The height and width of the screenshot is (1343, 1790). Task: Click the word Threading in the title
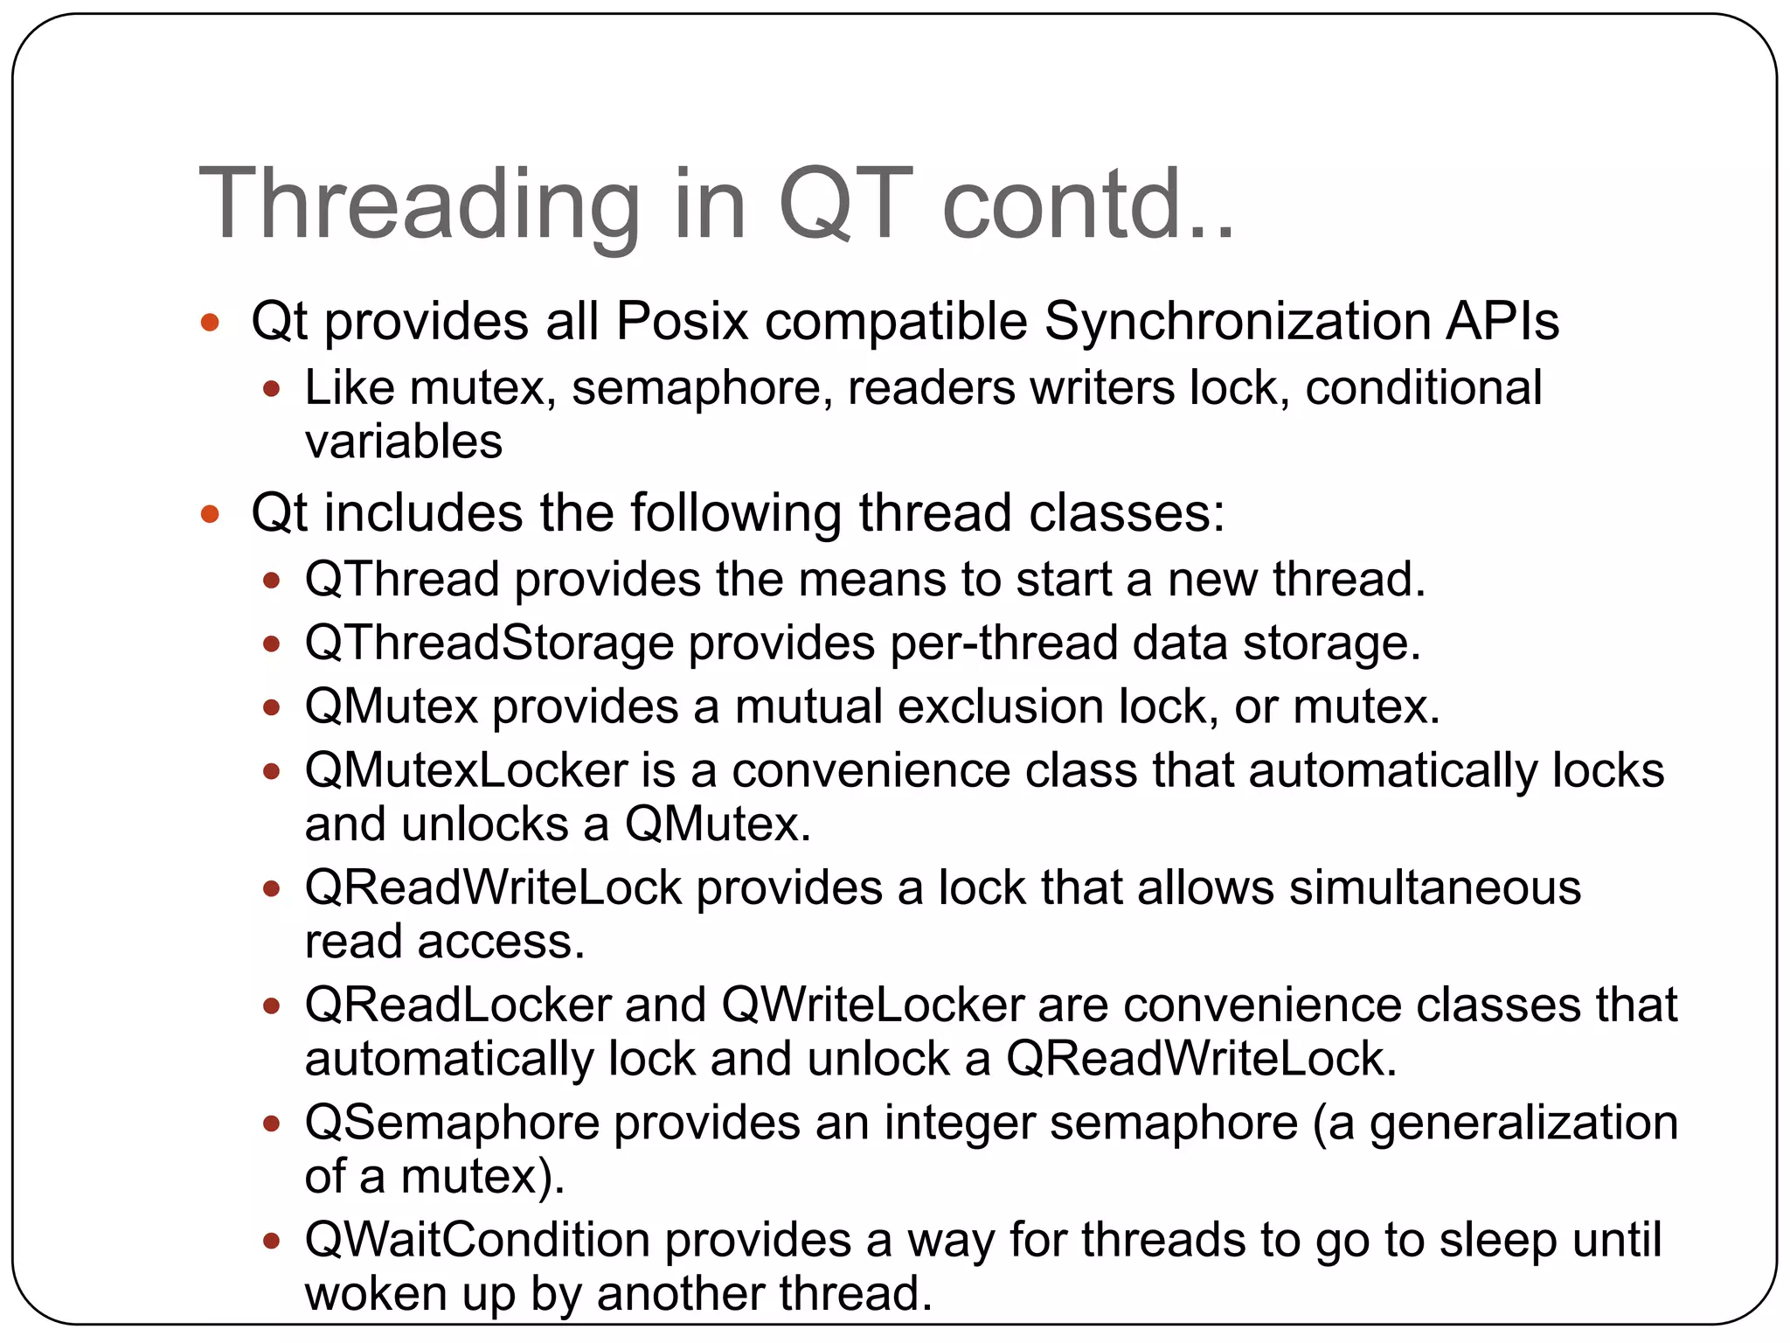tap(420, 205)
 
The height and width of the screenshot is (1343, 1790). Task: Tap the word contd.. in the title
tap(1088, 205)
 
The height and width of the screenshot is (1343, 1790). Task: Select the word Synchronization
tap(1236, 321)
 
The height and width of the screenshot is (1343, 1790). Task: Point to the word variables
tap(404, 442)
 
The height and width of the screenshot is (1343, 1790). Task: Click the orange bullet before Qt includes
tap(210, 513)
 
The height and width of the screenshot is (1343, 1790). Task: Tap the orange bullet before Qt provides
tap(210, 323)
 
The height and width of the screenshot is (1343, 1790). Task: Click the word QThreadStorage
tap(489, 644)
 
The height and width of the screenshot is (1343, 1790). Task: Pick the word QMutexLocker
tap(467, 771)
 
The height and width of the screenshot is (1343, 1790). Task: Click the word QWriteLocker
tap(873, 1005)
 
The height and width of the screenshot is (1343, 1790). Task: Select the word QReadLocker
tap(458, 1005)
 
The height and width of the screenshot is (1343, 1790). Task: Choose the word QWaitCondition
tap(477, 1240)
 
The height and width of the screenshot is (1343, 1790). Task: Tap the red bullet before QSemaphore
tap(272, 1124)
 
